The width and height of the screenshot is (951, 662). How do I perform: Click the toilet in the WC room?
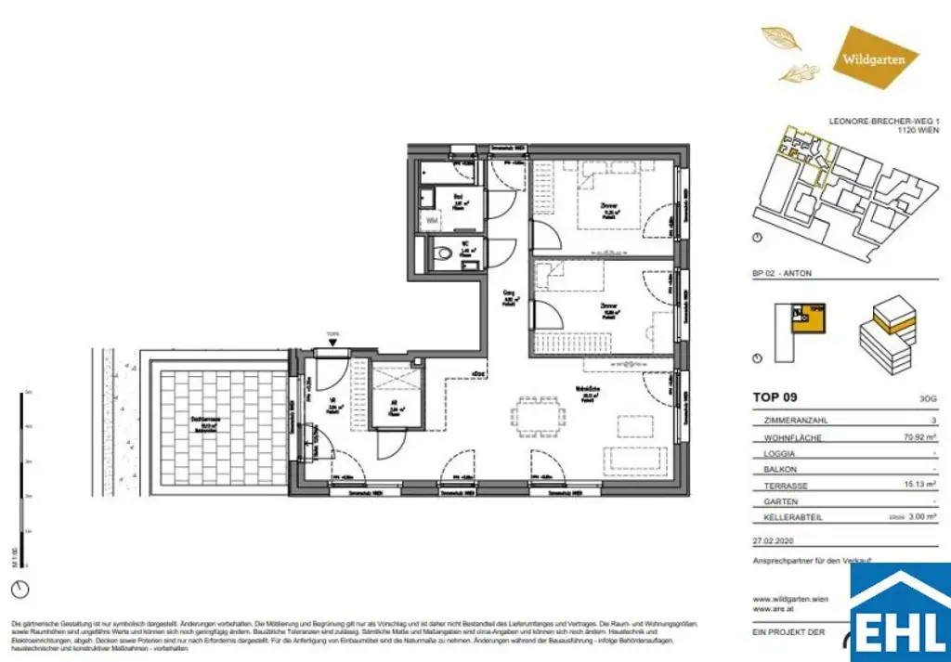pos(445,251)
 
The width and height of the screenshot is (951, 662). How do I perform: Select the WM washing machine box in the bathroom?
pos(432,221)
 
